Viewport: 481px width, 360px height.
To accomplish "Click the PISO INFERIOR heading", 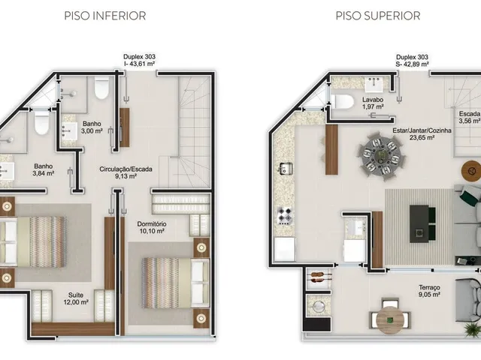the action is tap(105, 16).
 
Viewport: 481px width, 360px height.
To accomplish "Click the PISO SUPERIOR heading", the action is tap(377, 16).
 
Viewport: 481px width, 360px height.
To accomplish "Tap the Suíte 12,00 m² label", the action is tap(78, 298).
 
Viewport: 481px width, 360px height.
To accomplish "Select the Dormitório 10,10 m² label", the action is tap(152, 227).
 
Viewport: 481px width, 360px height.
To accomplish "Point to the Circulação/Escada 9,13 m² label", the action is tap(126, 172).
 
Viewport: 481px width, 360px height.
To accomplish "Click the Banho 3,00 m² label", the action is tap(92, 127).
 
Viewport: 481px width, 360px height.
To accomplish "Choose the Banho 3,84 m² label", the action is tap(44, 169).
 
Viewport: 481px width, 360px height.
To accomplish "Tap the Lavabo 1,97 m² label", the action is tap(373, 103).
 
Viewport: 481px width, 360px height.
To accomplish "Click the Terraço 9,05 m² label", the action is tap(429, 291).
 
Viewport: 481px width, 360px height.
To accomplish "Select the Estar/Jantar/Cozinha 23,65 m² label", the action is tap(422, 133).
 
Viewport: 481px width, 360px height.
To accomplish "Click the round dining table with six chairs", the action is tap(381, 156).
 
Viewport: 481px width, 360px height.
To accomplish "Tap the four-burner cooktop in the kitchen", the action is tap(285, 215).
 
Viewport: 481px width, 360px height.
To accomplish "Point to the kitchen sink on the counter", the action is tap(286, 168).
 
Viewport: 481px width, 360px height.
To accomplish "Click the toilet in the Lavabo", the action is tap(342, 101).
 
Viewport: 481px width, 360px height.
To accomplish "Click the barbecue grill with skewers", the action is tap(319, 277).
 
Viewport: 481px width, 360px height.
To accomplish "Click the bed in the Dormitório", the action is tap(175, 283).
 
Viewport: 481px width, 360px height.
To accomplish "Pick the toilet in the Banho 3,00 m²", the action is tap(101, 88).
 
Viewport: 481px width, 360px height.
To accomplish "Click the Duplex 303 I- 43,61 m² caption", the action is tap(139, 60).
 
